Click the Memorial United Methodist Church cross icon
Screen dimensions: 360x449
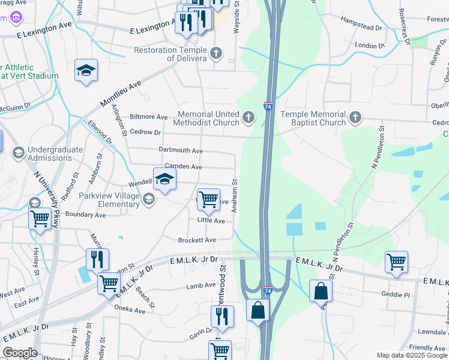(x=249, y=117)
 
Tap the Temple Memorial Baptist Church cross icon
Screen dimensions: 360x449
(x=355, y=117)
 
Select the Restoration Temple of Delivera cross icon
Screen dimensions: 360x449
(x=216, y=54)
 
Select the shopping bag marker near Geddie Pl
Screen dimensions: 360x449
(x=321, y=292)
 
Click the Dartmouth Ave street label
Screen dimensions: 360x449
(x=181, y=150)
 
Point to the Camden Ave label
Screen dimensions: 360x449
(x=184, y=167)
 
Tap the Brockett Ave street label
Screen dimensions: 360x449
(x=197, y=240)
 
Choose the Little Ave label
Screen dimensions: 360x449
(x=211, y=221)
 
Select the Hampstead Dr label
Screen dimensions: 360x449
(x=361, y=28)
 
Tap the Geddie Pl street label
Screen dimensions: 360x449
(x=396, y=295)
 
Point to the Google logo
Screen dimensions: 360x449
(x=20, y=353)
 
